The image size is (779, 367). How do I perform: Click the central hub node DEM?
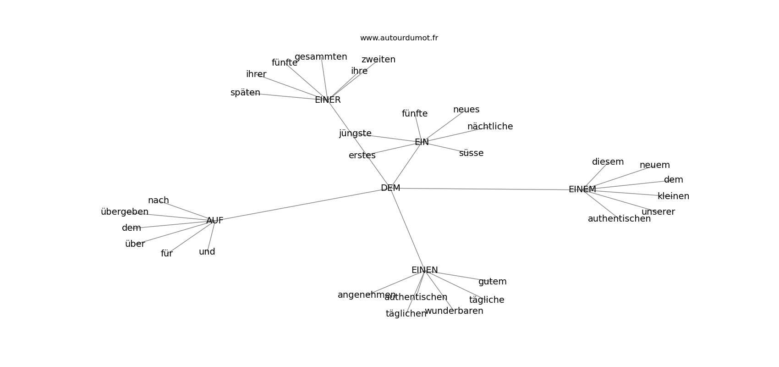(390, 188)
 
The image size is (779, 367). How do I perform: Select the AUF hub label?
(214, 221)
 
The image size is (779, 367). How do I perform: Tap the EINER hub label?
(328, 100)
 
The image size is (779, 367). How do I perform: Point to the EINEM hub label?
(582, 189)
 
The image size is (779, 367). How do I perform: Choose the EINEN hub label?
(424, 270)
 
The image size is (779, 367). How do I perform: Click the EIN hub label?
(422, 142)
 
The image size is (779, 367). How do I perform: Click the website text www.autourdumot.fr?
(399, 38)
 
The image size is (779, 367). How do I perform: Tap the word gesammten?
(321, 57)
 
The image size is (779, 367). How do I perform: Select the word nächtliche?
(490, 127)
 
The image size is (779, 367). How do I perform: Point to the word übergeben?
(125, 212)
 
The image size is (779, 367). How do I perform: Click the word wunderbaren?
(454, 311)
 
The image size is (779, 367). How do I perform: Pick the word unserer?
(658, 212)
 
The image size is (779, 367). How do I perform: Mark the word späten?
(245, 93)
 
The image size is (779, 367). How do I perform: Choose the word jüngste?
(355, 133)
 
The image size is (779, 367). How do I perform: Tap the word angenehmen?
(367, 295)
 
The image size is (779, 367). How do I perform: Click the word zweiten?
(378, 60)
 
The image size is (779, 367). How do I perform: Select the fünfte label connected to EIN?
(415, 114)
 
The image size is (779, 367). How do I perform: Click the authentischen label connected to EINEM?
(619, 219)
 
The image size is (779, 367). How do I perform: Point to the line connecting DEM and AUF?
(302, 205)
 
